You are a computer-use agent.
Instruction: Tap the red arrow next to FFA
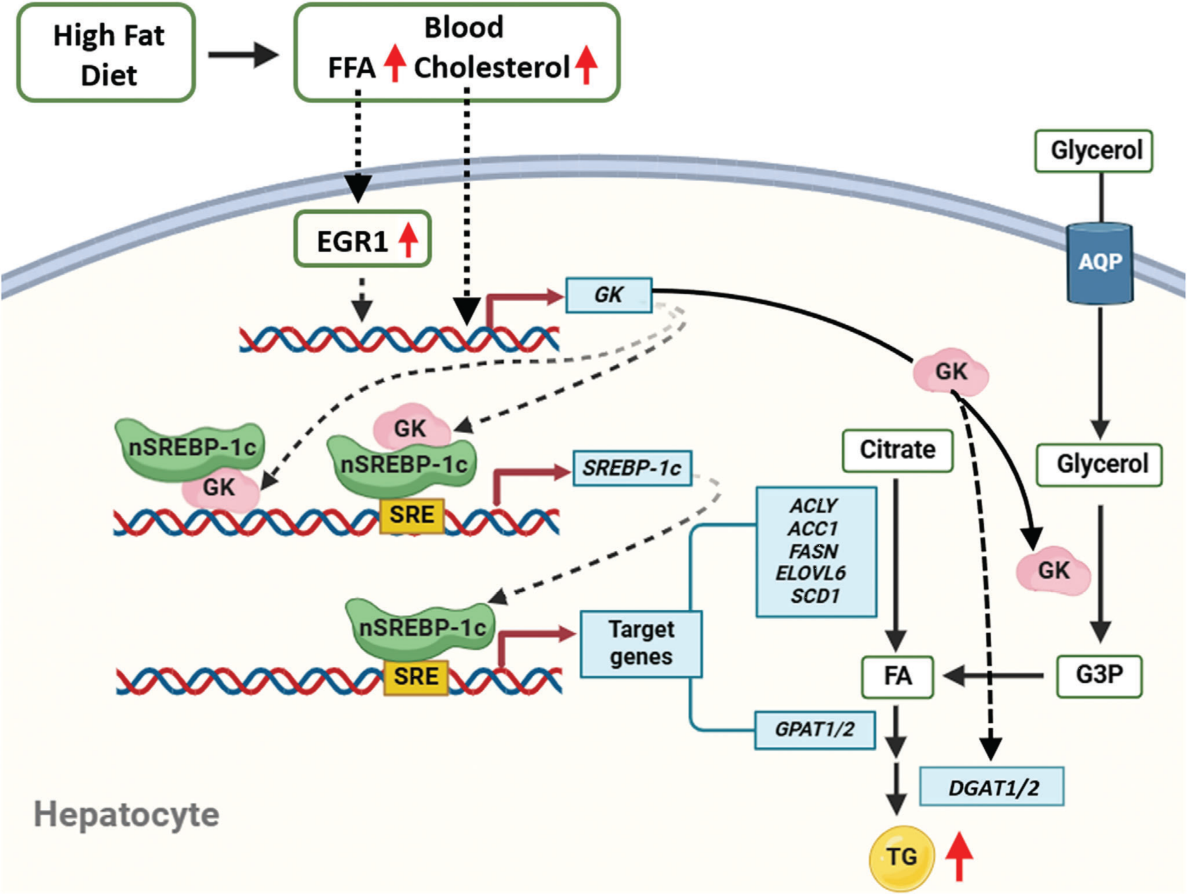pyautogui.click(x=395, y=63)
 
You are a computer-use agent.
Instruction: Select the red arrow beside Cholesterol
pyautogui.click(x=586, y=64)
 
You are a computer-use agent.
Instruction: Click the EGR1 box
pyautogui.click(x=363, y=239)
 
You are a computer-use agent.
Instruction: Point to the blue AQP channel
pyautogui.click(x=1099, y=263)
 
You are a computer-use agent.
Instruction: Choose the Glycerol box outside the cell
pyautogui.click(x=1093, y=151)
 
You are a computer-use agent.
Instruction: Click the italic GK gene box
pyautogui.click(x=609, y=295)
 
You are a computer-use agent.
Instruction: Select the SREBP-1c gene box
pyautogui.click(x=632, y=468)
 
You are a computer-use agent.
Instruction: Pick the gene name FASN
pyautogui.click(x=813, y=551)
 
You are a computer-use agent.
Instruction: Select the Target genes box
pyautogui.click(x=641, y=644)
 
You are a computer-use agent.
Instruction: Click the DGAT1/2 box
pyautogui.click(x=992, y=787)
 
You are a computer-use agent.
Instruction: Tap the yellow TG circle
pyautogui.click(x=901, y=857)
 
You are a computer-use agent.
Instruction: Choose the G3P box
pyautogui.click(x=1099, y=675)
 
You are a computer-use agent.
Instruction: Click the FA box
pyautogui.click(x=897, y=676)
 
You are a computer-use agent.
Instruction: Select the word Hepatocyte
pyautogui.click(x=127, y=815)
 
